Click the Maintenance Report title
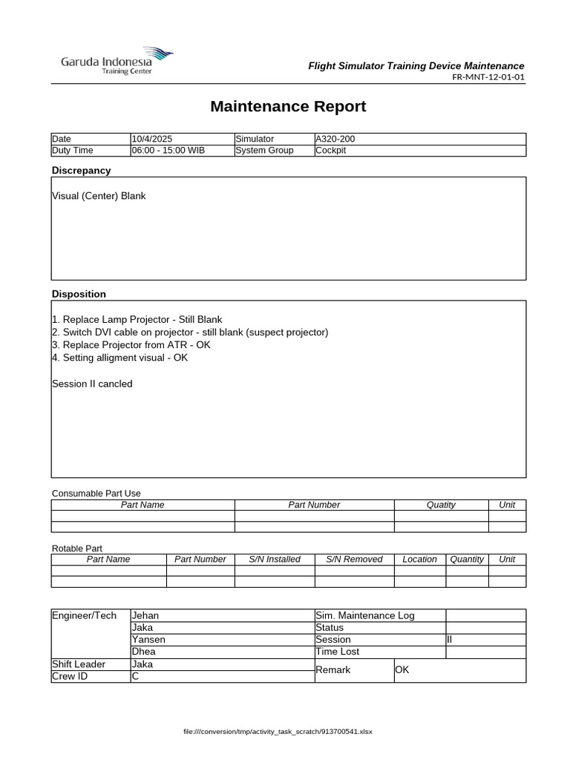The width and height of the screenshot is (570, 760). coord(288,106)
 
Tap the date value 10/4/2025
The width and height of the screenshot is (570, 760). coord(152,139)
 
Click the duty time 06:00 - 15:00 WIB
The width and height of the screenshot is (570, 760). coord(168,151)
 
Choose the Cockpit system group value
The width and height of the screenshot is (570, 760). coord(331,151)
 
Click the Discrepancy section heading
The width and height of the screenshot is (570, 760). coord(81,171)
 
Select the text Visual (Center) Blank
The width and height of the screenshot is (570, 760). coord(99,196)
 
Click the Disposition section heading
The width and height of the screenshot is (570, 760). coord(79,295)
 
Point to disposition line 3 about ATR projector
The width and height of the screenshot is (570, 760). coord(131,345)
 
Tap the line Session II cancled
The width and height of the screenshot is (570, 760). coord(92,384)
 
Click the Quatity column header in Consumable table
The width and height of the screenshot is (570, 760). coord(441,505)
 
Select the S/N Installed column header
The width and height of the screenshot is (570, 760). coord(275,560)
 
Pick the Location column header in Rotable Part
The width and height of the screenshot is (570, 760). coord(419,560)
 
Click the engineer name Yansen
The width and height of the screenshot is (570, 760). coord(148,640)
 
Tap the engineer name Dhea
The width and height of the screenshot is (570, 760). coord(144,652)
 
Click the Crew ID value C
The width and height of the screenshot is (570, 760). coord(135,677)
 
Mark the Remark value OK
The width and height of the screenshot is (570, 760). coord(402,670)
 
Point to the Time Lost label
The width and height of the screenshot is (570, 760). coord(337,652)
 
